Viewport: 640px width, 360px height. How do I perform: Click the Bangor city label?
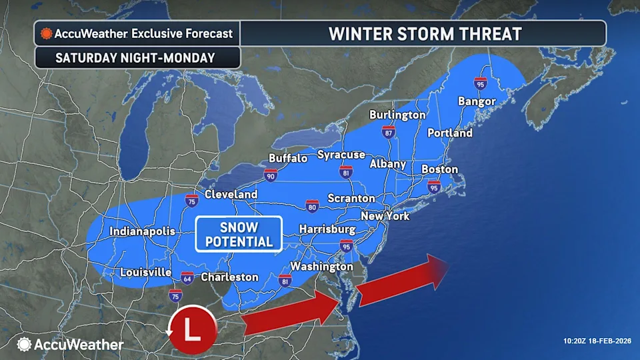477,101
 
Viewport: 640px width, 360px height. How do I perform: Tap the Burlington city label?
397,115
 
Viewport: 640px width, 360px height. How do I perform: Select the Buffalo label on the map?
288,158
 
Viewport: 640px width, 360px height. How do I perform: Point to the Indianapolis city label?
143,231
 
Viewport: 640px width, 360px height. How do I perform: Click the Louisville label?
146,273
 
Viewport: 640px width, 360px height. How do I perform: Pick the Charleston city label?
229,277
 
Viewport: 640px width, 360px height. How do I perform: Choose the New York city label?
385,216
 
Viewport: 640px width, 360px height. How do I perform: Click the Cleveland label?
231,194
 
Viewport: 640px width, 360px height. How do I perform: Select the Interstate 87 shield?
389,131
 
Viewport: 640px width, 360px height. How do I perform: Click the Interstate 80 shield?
312,205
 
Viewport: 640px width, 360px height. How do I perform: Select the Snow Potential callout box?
239,234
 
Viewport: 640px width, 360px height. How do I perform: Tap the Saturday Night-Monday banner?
135,57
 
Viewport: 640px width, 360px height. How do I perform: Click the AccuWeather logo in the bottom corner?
70,345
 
